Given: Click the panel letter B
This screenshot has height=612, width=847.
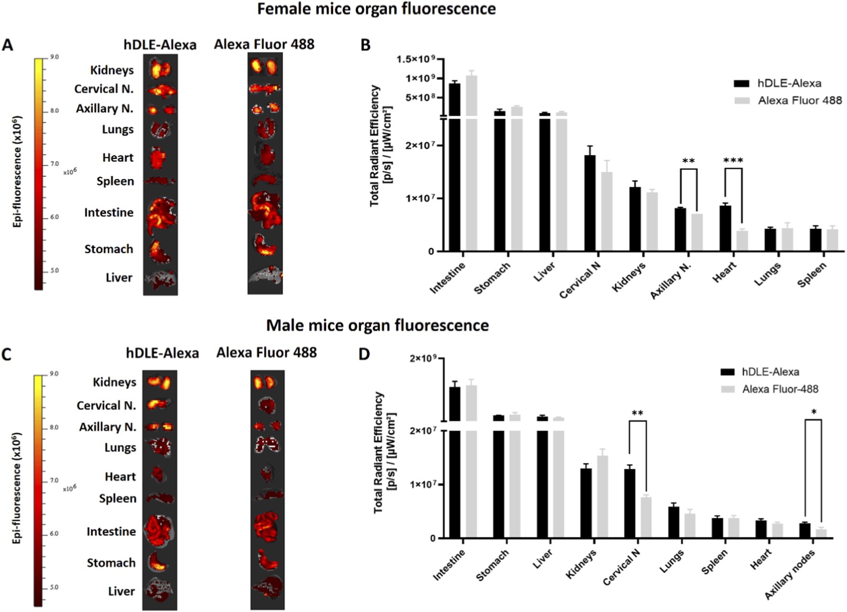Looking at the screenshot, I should pyautogui.click(x=366, y=45).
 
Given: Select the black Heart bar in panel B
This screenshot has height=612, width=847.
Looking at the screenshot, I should pyautogui.click(x=725, y=229).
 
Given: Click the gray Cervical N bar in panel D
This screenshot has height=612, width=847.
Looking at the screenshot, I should pyautogui.click(x=646, y=517).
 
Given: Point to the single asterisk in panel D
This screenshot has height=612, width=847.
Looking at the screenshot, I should pyautogui.click(x=814, y=412).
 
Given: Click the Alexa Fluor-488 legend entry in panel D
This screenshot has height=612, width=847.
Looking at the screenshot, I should pyautogui.click(x=780, y=389).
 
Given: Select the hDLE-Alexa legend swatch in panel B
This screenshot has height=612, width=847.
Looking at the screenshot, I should pyautogui.click(x=741, y=84).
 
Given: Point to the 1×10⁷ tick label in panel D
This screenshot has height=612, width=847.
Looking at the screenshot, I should pyautogui.click(x=423, y=484).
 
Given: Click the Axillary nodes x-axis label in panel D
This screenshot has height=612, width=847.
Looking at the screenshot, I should pyautogui.click(x=790, y=574).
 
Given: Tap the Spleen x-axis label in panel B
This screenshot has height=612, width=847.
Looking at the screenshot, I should pyautogui.click(x=812, y=275).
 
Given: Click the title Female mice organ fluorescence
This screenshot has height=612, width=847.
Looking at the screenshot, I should pyautogui.click(x=376, y=9).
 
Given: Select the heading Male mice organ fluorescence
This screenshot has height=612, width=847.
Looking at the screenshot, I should pyautogui.click(x=377, y=325).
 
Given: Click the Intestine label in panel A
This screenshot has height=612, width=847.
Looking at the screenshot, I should pyautogui.click(x=109, y=212).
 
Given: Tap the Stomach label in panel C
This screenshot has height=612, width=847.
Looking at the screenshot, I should pyautogui.click(x=111, y=563).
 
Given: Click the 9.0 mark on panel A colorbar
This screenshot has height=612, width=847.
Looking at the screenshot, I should pyautogui.click(x=54, y=57).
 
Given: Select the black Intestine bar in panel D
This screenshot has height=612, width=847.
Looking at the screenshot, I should pyautogui.click(x=455, y=462).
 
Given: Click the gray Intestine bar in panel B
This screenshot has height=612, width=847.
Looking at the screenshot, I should pyautogui.click(x=471, y=163).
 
